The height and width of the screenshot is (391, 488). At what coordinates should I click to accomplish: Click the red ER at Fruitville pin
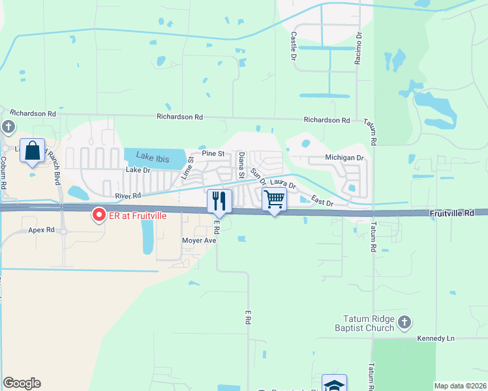[99, 214]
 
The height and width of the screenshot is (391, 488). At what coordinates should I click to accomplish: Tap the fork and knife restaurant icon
[219, 201]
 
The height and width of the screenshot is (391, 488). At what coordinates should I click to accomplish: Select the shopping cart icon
[275, 199]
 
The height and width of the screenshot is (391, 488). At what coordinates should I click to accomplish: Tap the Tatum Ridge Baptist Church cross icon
[404, 321]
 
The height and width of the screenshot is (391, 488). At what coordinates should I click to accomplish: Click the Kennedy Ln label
[436, 339]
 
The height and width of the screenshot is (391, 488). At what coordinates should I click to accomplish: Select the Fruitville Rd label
[451, 214]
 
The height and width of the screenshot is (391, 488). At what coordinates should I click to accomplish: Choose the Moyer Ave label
[198, 240]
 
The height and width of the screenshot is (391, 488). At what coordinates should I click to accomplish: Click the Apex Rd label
[41, 230]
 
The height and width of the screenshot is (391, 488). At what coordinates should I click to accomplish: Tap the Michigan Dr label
[344, 158]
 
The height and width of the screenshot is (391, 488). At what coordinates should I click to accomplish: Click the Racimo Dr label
[359, 47]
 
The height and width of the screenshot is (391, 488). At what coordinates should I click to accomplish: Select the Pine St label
[213, 154]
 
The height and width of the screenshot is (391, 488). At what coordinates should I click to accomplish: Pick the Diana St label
[241, 165]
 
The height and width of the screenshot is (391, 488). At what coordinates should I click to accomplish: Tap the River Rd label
[128, 195]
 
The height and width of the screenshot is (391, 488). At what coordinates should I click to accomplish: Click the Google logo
[22, 383]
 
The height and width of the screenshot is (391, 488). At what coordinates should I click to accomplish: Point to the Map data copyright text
[460, 386]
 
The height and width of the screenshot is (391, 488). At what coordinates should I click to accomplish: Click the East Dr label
[322, 203]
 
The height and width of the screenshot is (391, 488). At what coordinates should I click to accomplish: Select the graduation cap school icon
[334, 384]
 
